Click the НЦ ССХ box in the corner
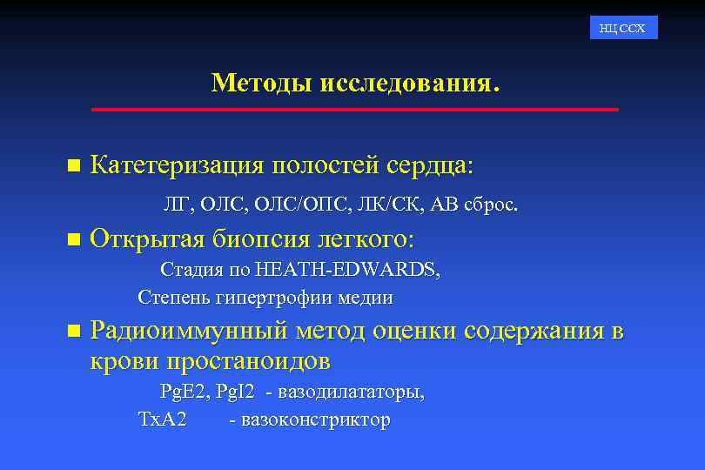point(623,28)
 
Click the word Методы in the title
point(262,84)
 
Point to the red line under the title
point(354,110)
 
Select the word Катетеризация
point(178,164)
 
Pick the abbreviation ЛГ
point(176,205)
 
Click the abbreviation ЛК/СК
point(382,205)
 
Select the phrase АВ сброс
point(474,205)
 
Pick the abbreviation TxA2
point(163,420)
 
